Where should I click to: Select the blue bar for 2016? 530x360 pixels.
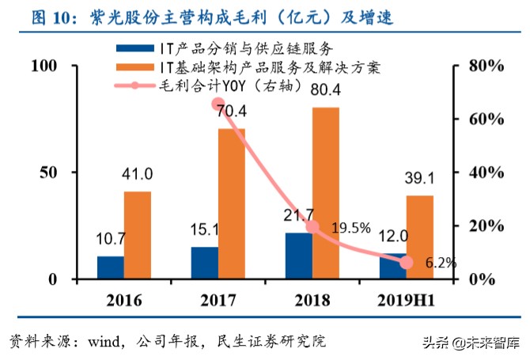point(110,267)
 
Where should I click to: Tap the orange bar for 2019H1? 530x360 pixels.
point(419,237)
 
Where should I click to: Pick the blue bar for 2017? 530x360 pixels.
point(204,263)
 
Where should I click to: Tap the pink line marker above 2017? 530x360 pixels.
point(218,104)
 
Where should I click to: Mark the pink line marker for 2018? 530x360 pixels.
point(312,227)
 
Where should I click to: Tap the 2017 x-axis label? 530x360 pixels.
point(218,300)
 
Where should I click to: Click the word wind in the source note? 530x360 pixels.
point(103,342)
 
